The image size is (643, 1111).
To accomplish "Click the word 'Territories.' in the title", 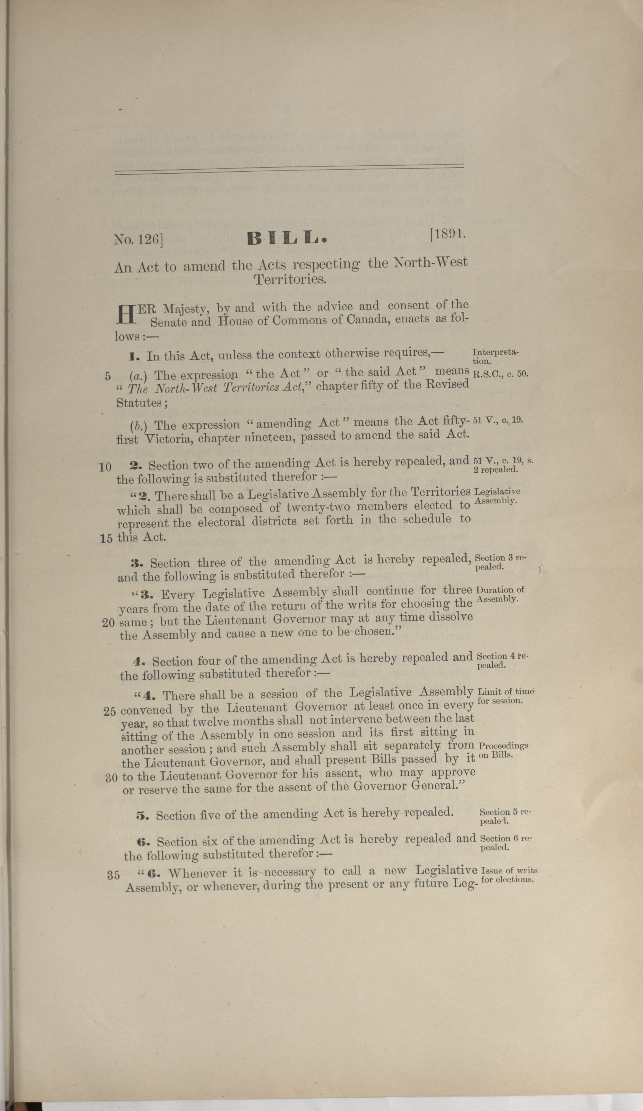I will point(290,279).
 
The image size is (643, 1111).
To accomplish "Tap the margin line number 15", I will point(106,538).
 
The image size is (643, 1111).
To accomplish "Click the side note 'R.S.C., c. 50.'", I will point(500,374).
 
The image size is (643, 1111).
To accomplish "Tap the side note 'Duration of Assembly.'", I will point(501,594).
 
